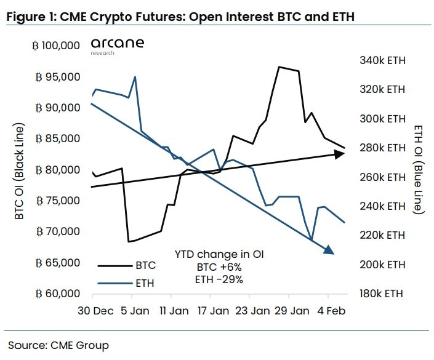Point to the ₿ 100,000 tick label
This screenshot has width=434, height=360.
[x=58, y=46]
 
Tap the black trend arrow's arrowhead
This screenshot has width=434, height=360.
[x=339, y=154]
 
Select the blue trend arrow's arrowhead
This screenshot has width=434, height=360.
[x=328, y=249]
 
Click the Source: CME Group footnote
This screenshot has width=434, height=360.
[x=58, y=345]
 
